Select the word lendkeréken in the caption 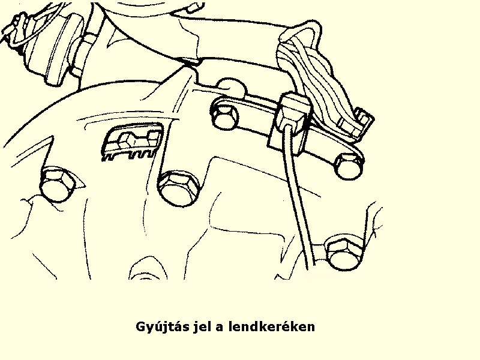click(272, 326)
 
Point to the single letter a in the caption click(220, 328)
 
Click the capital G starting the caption click(141, 326)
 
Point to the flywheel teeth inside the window click(128, 154)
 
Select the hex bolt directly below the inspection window click(178, 188)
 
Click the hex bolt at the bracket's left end click(224, 115)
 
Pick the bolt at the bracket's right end click(349, 166)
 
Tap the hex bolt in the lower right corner click(344, 253)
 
